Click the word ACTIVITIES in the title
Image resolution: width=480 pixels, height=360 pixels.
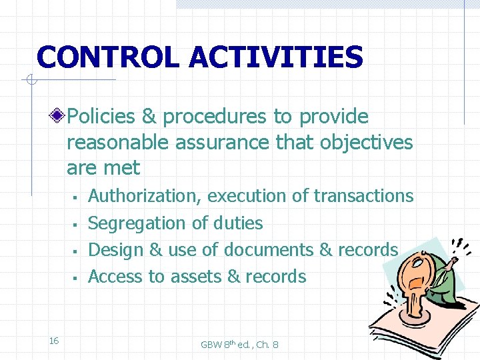pos(276,57)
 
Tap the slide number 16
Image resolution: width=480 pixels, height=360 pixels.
pos(54,341)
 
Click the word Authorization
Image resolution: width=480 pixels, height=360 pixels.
pos(145,196)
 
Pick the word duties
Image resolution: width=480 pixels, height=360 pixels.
pos(239,223)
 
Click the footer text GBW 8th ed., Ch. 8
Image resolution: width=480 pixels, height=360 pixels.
pos(239,345)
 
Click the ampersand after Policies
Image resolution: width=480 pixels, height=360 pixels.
pos(149,117)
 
